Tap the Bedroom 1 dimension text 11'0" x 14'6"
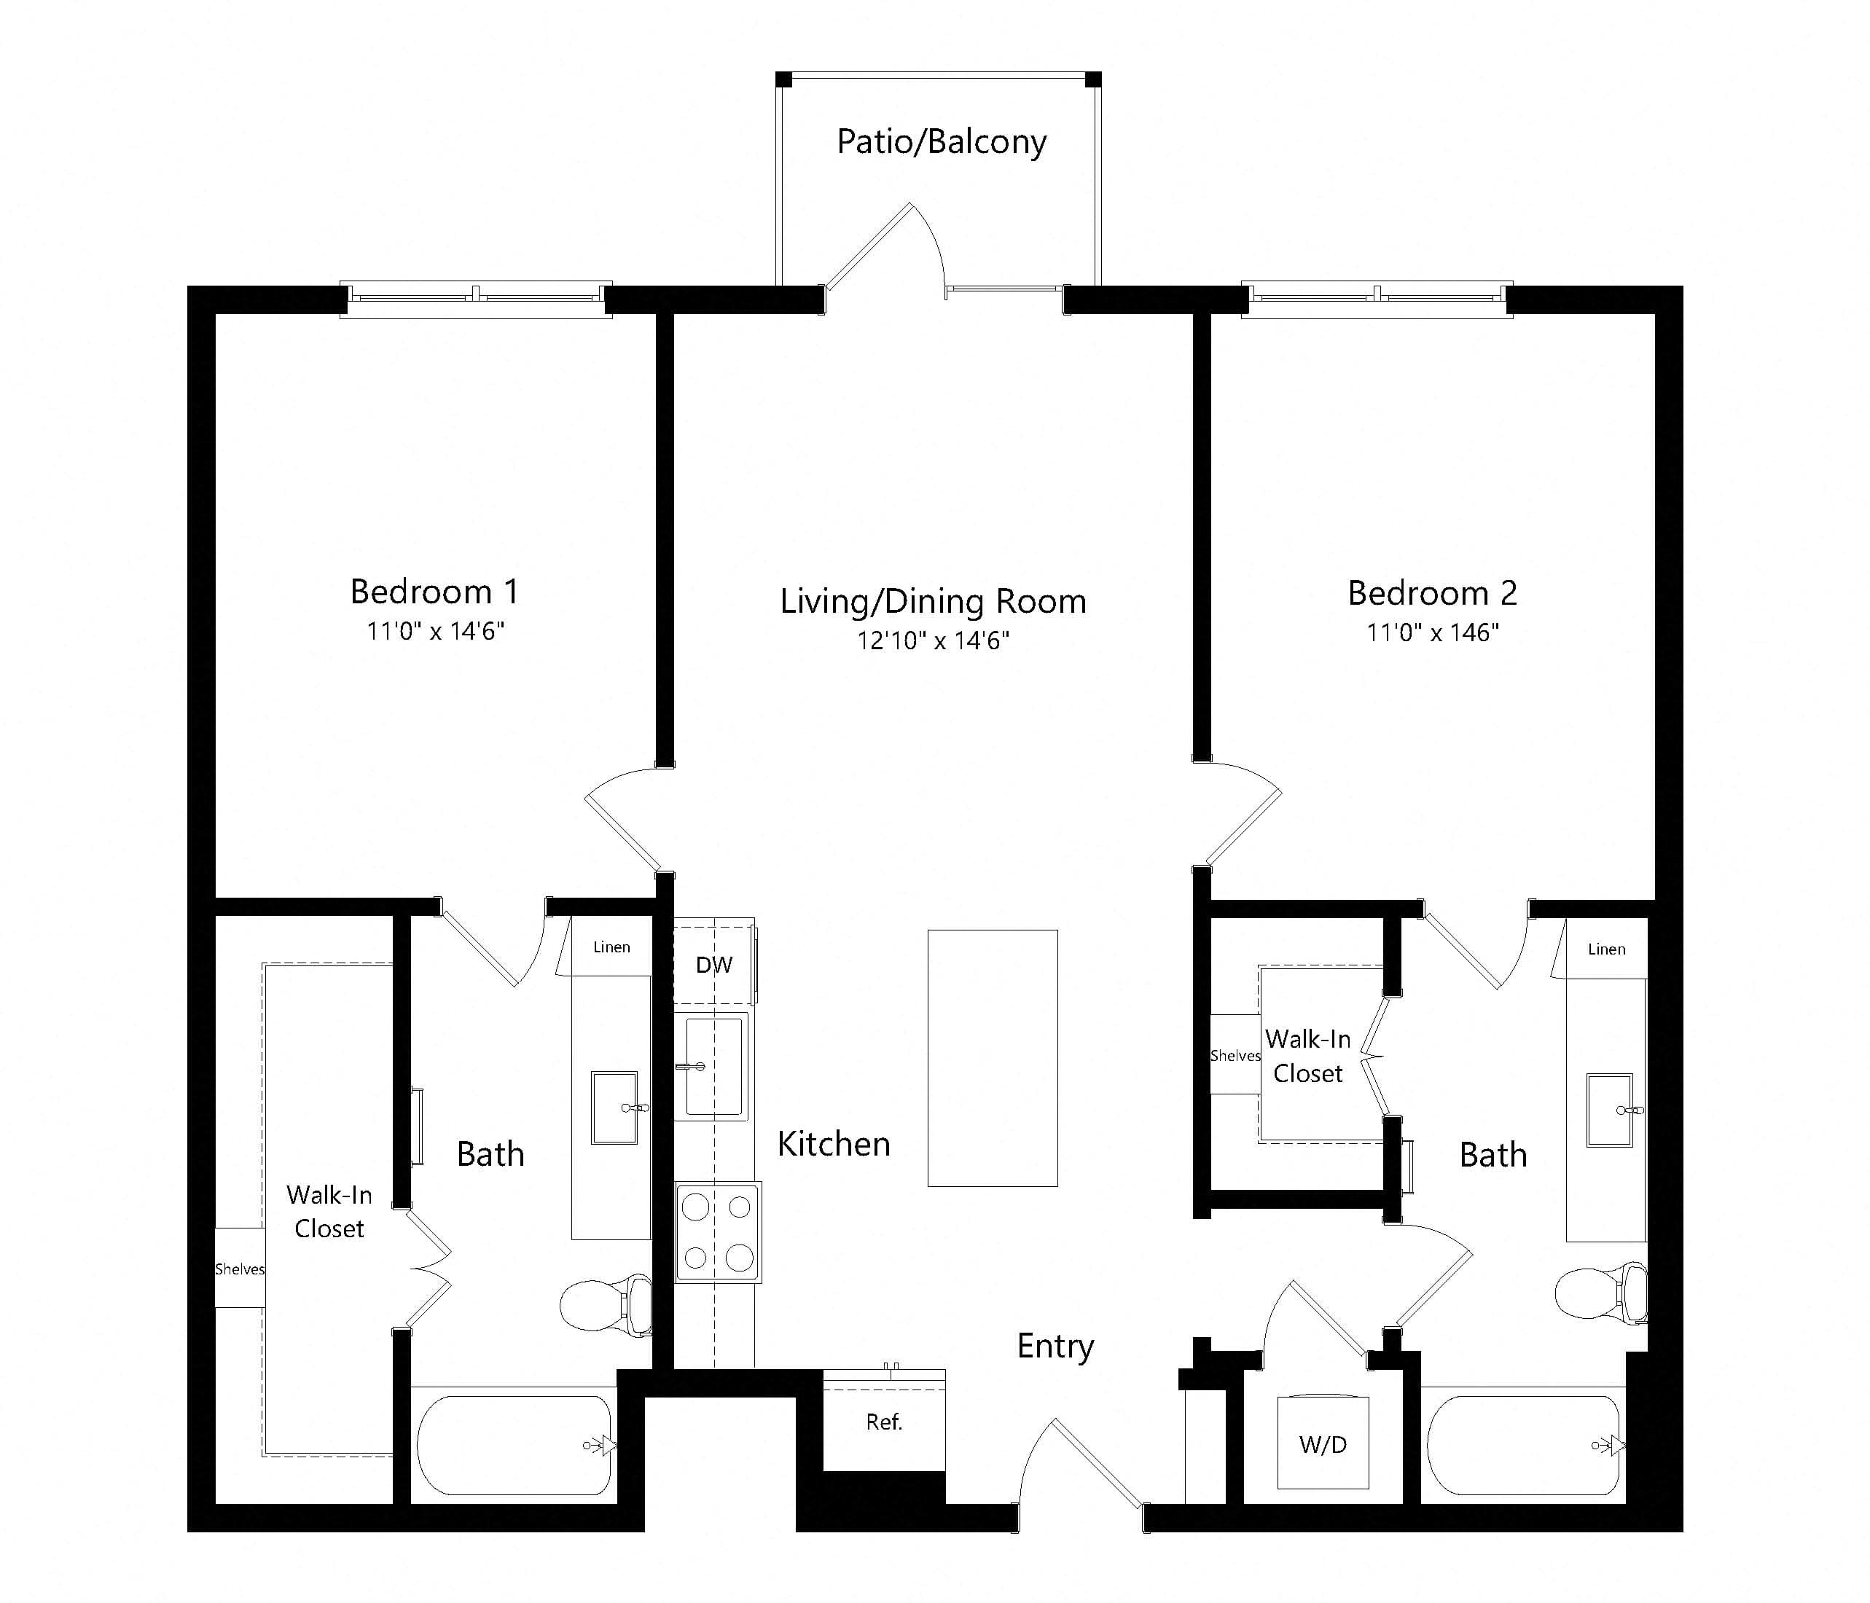435,631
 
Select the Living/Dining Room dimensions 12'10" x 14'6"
934,641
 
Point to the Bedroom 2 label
1432,593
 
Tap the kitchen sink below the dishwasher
712,1066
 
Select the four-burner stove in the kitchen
719,1232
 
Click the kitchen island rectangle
993,1058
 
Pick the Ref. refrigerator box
885,1422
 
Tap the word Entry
1055,1347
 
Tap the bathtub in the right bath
1525,1445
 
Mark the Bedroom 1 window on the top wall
476,299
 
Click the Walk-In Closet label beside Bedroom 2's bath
1307,1056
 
